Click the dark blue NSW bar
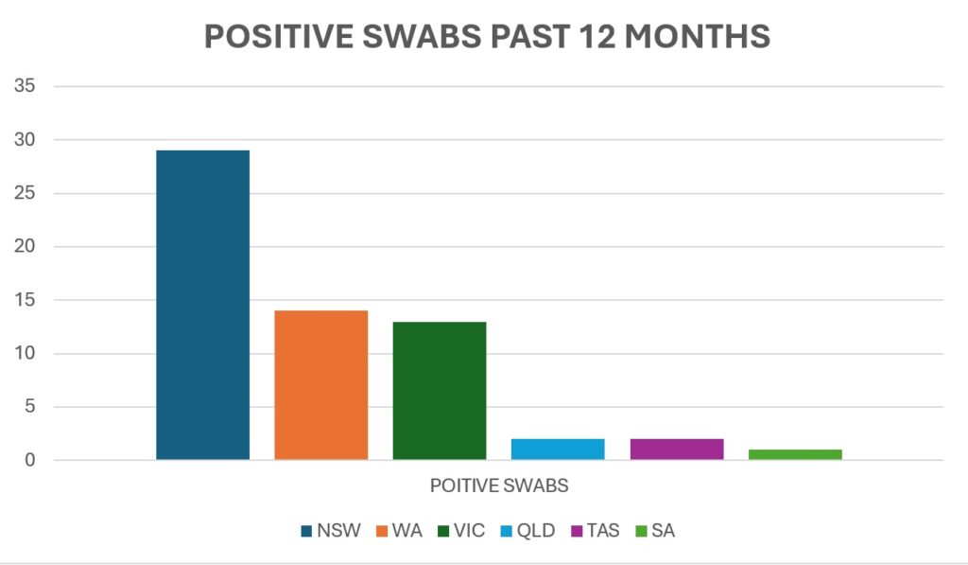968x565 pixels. (x=202, y=305)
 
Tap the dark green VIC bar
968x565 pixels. (x=440, y=391)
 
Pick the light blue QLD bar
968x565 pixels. (x=558, y=450)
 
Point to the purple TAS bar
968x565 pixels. (x=677, y=450)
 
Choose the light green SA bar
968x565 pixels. (x=795, y=454)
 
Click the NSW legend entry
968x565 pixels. (x=331, y=531)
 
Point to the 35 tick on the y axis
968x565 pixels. (x=25, y=86)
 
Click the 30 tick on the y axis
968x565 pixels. (x=25, y=140)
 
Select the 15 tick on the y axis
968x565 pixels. (x=25, y=300)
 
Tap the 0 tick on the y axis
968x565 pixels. (x=30, y=461)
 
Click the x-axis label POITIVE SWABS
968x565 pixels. (x=499, y=486)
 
